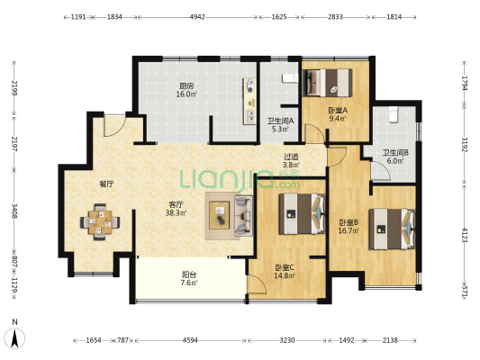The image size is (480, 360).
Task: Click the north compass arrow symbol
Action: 14,338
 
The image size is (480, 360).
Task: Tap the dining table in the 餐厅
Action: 100,222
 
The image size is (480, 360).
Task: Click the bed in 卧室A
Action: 327,83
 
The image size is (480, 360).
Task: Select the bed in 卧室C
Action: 302,214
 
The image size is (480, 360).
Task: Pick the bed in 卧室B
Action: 392,229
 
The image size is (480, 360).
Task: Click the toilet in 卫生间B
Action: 393,114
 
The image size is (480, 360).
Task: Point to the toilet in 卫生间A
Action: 290,78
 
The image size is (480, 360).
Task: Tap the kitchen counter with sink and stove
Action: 249,101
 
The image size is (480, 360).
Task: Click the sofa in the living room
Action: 243,216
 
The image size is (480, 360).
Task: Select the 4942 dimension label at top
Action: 197,17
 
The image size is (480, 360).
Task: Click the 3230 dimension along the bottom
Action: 287,340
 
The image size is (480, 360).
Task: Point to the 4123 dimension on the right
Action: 465,235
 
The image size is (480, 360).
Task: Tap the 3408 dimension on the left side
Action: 14,211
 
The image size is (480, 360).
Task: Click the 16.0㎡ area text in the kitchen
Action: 186,94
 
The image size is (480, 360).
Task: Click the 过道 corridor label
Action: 291,157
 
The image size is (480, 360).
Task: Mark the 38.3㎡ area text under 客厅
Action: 176,212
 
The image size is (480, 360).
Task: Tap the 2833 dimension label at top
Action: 335,17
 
